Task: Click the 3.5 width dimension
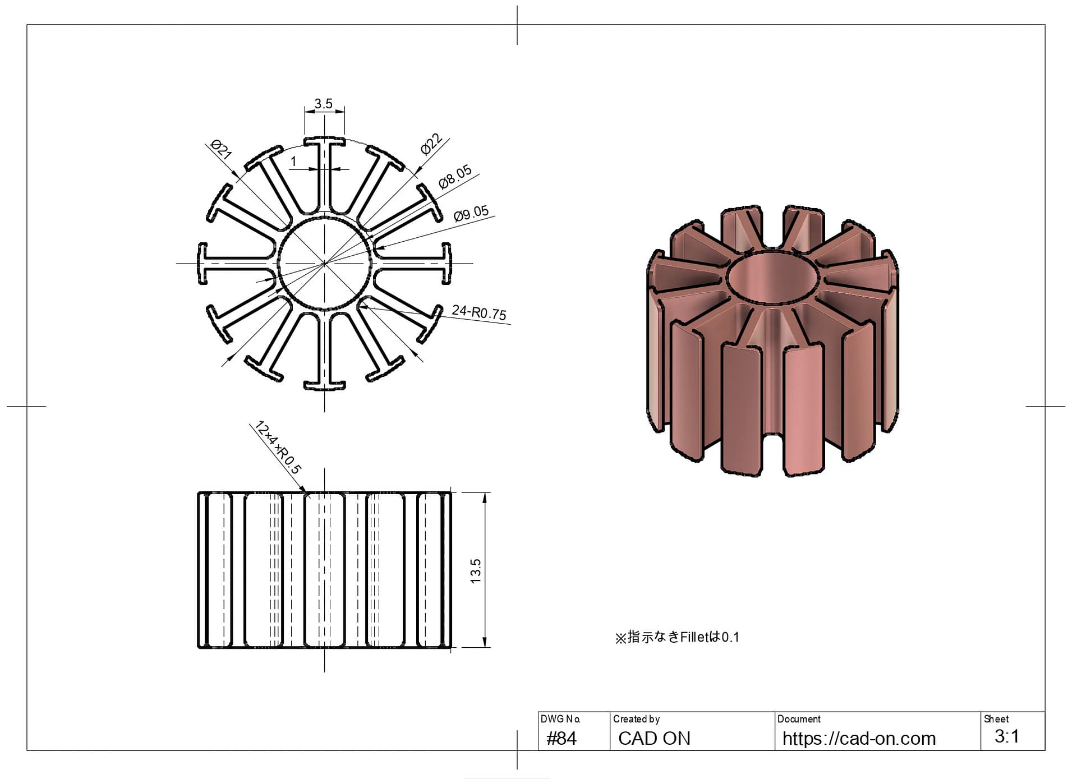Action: pyautogui.click(x=323, y=104)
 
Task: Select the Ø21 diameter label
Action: pyautogui.click(x=221, y=150)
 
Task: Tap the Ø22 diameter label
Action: pyautogui.click(x=431, y=144)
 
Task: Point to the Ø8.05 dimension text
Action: pyautogui.click(x=455, y=177)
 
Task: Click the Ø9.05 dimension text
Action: pyautogui.click(x=471, y=214)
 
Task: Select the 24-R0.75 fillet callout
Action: pyautogui.click(x=479, y=312)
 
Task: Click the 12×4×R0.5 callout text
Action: pyautogui.click(x=278, y=447)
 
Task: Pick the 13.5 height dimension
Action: pyautogui.click(x=476, y=571)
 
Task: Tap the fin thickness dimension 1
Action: pyautogui.click(x=293, y=162)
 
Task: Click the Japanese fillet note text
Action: pyautogui.click(x=677, y=637)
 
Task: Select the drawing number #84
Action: pyautogui.click(x=561, y=738)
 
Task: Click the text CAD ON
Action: pyautogui.click(x=654, y=738)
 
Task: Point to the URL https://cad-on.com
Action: pyautogui.click(x=859, y=738)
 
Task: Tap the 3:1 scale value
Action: pyautogui.click(x=1007, y=736)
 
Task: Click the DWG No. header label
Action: pyautogui.click(x=560, y=719)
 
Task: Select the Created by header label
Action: pyautogui.click(x=636, y=719)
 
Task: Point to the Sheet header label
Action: pyautogui.click(x=996, y=719)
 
